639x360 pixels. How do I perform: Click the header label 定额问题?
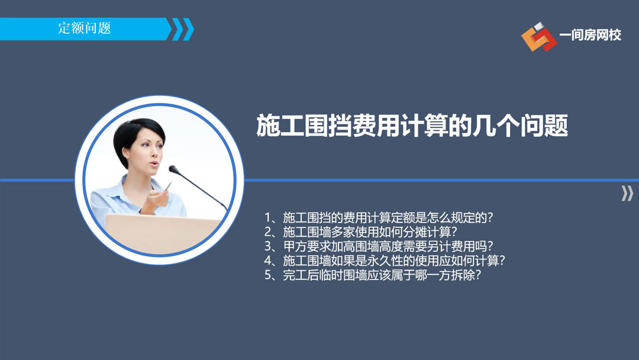point(85,28)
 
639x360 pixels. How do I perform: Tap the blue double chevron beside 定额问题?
point(182,29)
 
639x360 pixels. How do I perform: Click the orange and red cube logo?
point(538,36)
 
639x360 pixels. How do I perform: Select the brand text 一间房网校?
point(590,36)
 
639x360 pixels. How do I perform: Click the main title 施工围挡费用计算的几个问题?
point(412,126)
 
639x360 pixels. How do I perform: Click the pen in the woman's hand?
point(167,188)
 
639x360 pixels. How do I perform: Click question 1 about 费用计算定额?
point(379,217)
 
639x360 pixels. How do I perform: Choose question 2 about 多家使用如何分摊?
point(361,232)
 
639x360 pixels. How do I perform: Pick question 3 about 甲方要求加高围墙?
point(379,246)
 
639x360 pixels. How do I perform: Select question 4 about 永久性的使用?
point(385,261)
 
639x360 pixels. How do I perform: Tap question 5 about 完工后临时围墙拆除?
point(372,275)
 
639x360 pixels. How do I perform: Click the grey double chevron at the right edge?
point(627,193)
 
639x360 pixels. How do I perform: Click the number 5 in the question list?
point(268,275)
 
